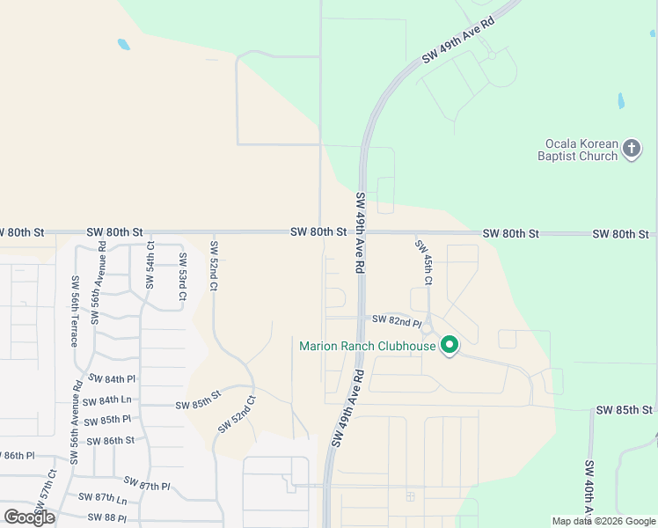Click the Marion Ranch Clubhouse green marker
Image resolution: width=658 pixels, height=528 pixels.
[450, 345]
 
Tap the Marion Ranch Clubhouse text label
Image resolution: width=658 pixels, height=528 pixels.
[368, 346]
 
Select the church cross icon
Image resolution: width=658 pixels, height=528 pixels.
[632, 149]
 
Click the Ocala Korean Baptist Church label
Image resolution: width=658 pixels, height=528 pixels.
[580, 150]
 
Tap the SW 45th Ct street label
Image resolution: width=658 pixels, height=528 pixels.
[424, 262]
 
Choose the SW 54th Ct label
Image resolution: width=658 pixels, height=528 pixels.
[150, 265]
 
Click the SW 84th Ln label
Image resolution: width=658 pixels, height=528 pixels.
[107, 400]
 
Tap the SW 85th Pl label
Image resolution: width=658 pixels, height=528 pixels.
[108, 420]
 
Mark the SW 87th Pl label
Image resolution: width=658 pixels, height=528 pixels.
[146, 484]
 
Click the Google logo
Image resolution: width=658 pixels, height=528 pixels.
[30, 517]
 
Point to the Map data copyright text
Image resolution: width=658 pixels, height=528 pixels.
[603, 521]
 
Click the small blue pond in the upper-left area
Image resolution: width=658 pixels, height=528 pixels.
[124, 43]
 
